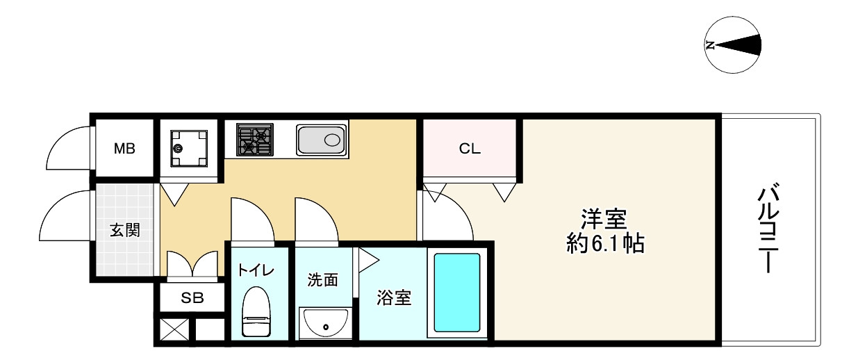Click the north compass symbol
(x=733, y=46)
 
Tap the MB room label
(x=125, y=148)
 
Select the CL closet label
(x=470, y=148)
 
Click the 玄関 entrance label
(x=125, y=230)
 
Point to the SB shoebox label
(x=192, y=298)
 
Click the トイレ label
(x=256, y=270)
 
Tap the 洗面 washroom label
(x=323, y=279)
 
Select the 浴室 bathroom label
(x=394, y=298)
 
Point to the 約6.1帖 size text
(x=604, y=244)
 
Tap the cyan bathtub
(x=457, y=293)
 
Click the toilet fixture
(x=256, y=313)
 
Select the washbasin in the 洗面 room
(x=326, y=322)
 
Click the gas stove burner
(x=255, y=140)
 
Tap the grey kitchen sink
(x=320, y=140)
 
